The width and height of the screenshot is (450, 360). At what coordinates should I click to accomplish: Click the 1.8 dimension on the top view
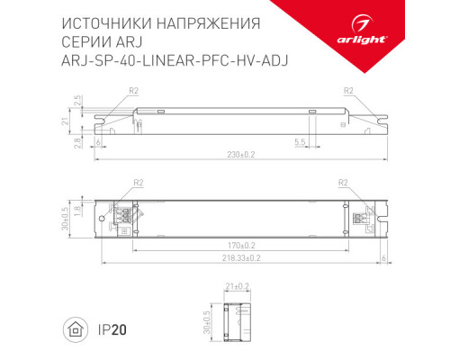(80, 210)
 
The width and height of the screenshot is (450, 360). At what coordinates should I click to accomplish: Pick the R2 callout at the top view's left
(139, 182)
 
